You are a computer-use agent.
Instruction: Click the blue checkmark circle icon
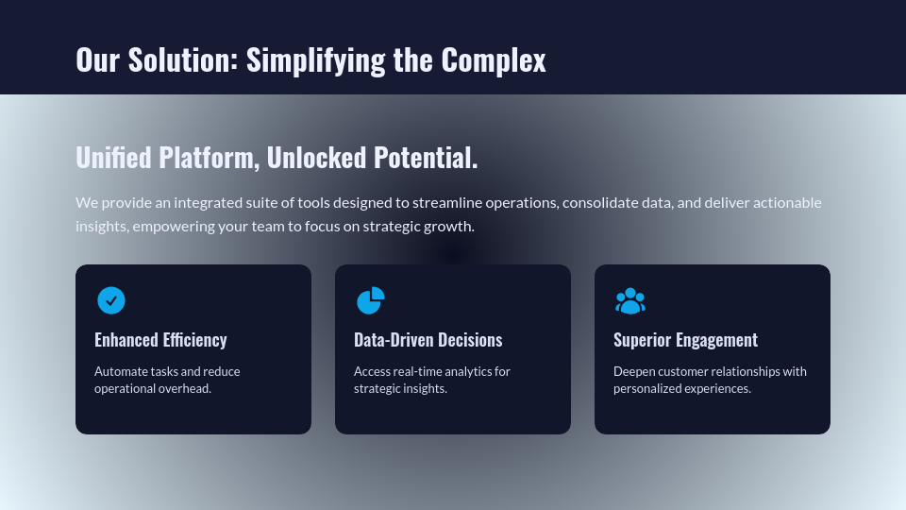[111, 300]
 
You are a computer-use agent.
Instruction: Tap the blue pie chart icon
[370, 300]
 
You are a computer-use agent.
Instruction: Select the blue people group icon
[629, 300]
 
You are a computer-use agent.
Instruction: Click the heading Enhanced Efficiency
[160, 340]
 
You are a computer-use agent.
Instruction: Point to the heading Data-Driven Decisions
[428, 340]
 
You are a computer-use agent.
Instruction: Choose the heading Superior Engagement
[685, 340]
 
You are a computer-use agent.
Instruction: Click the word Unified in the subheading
[113, 158]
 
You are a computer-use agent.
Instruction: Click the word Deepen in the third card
[635, 371]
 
